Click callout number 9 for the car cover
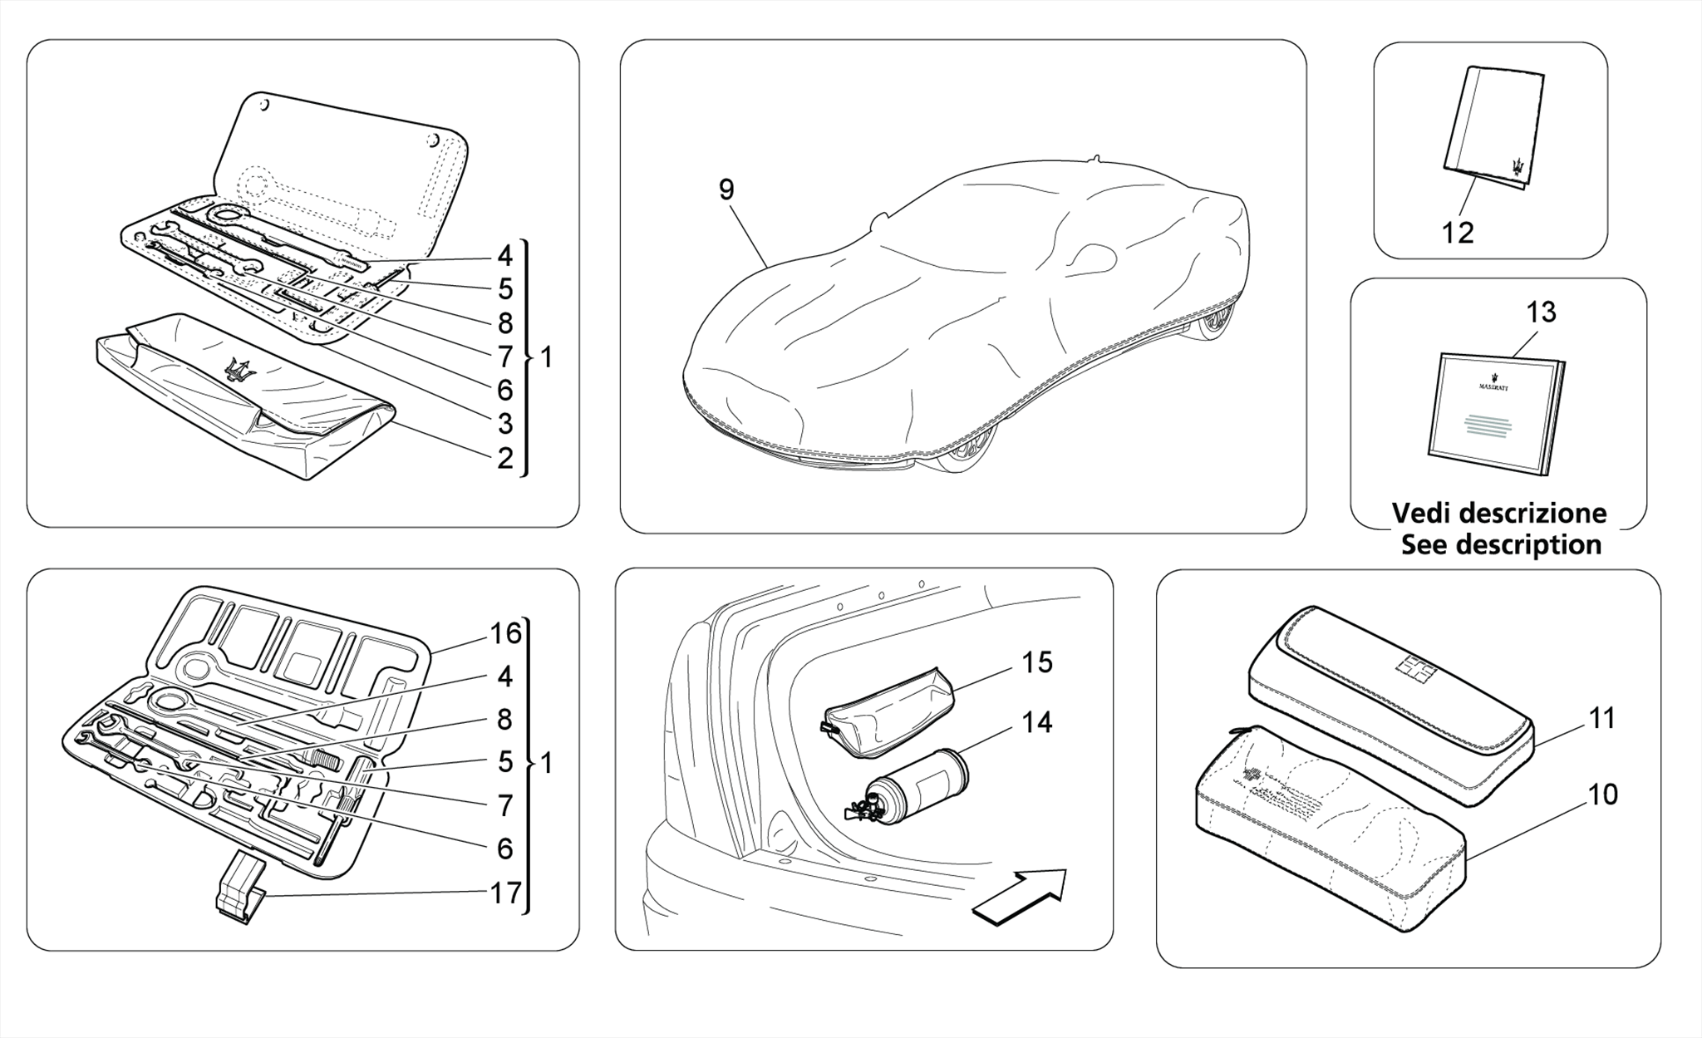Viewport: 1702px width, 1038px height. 726,190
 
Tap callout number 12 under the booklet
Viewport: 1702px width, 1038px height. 1458,233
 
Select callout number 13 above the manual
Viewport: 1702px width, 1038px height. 1540,312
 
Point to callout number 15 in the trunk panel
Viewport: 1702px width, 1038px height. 1037,662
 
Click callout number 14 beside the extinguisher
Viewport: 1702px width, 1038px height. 1037,723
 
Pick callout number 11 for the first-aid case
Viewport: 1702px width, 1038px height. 1601,717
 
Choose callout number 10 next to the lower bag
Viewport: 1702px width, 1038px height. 1602,794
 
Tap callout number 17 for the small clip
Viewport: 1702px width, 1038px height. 505,893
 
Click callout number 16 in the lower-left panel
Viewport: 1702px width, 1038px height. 505,633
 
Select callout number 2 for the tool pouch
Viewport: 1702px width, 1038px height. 505,458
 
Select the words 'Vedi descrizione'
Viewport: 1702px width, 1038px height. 1499,513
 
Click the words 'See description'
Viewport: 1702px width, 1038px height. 1501,545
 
